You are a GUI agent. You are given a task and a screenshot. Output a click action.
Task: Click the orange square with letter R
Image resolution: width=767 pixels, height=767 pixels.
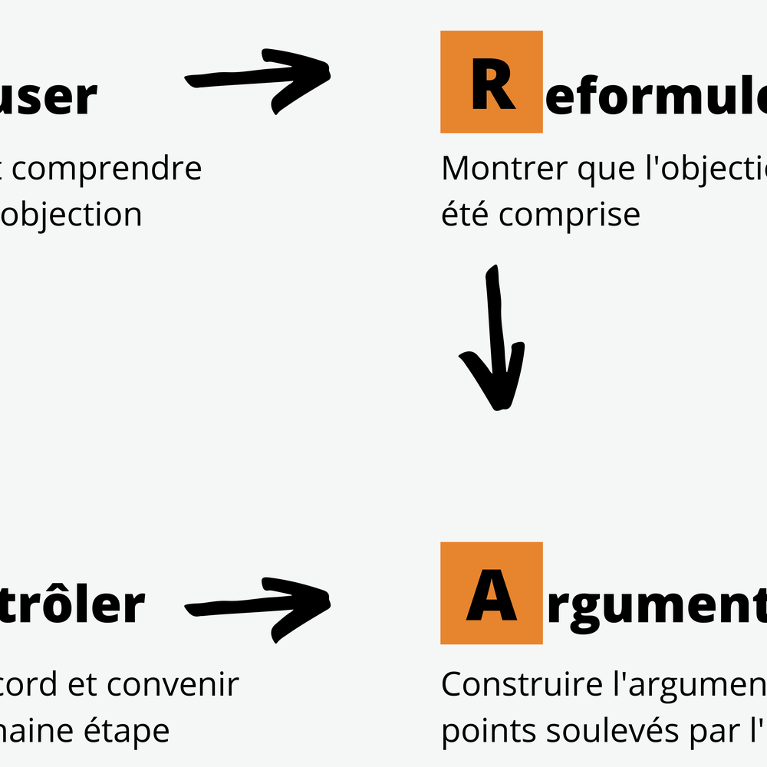coord(492,82)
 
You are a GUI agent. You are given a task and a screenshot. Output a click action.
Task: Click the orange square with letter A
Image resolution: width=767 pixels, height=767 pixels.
coord(492,593)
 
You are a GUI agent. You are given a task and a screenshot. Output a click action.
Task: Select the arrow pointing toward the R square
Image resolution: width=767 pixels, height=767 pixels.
coord(258,80)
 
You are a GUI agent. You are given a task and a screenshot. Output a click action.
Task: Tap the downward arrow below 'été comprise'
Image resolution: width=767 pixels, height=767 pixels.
coord(493,337)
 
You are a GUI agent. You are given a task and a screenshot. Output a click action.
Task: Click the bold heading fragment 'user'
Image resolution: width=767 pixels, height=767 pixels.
coord(49,97)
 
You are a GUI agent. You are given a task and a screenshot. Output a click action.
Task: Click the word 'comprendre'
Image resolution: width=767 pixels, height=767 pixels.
coord(107,169)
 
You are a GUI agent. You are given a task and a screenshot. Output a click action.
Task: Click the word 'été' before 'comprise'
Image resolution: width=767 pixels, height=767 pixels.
coord(465,214)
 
